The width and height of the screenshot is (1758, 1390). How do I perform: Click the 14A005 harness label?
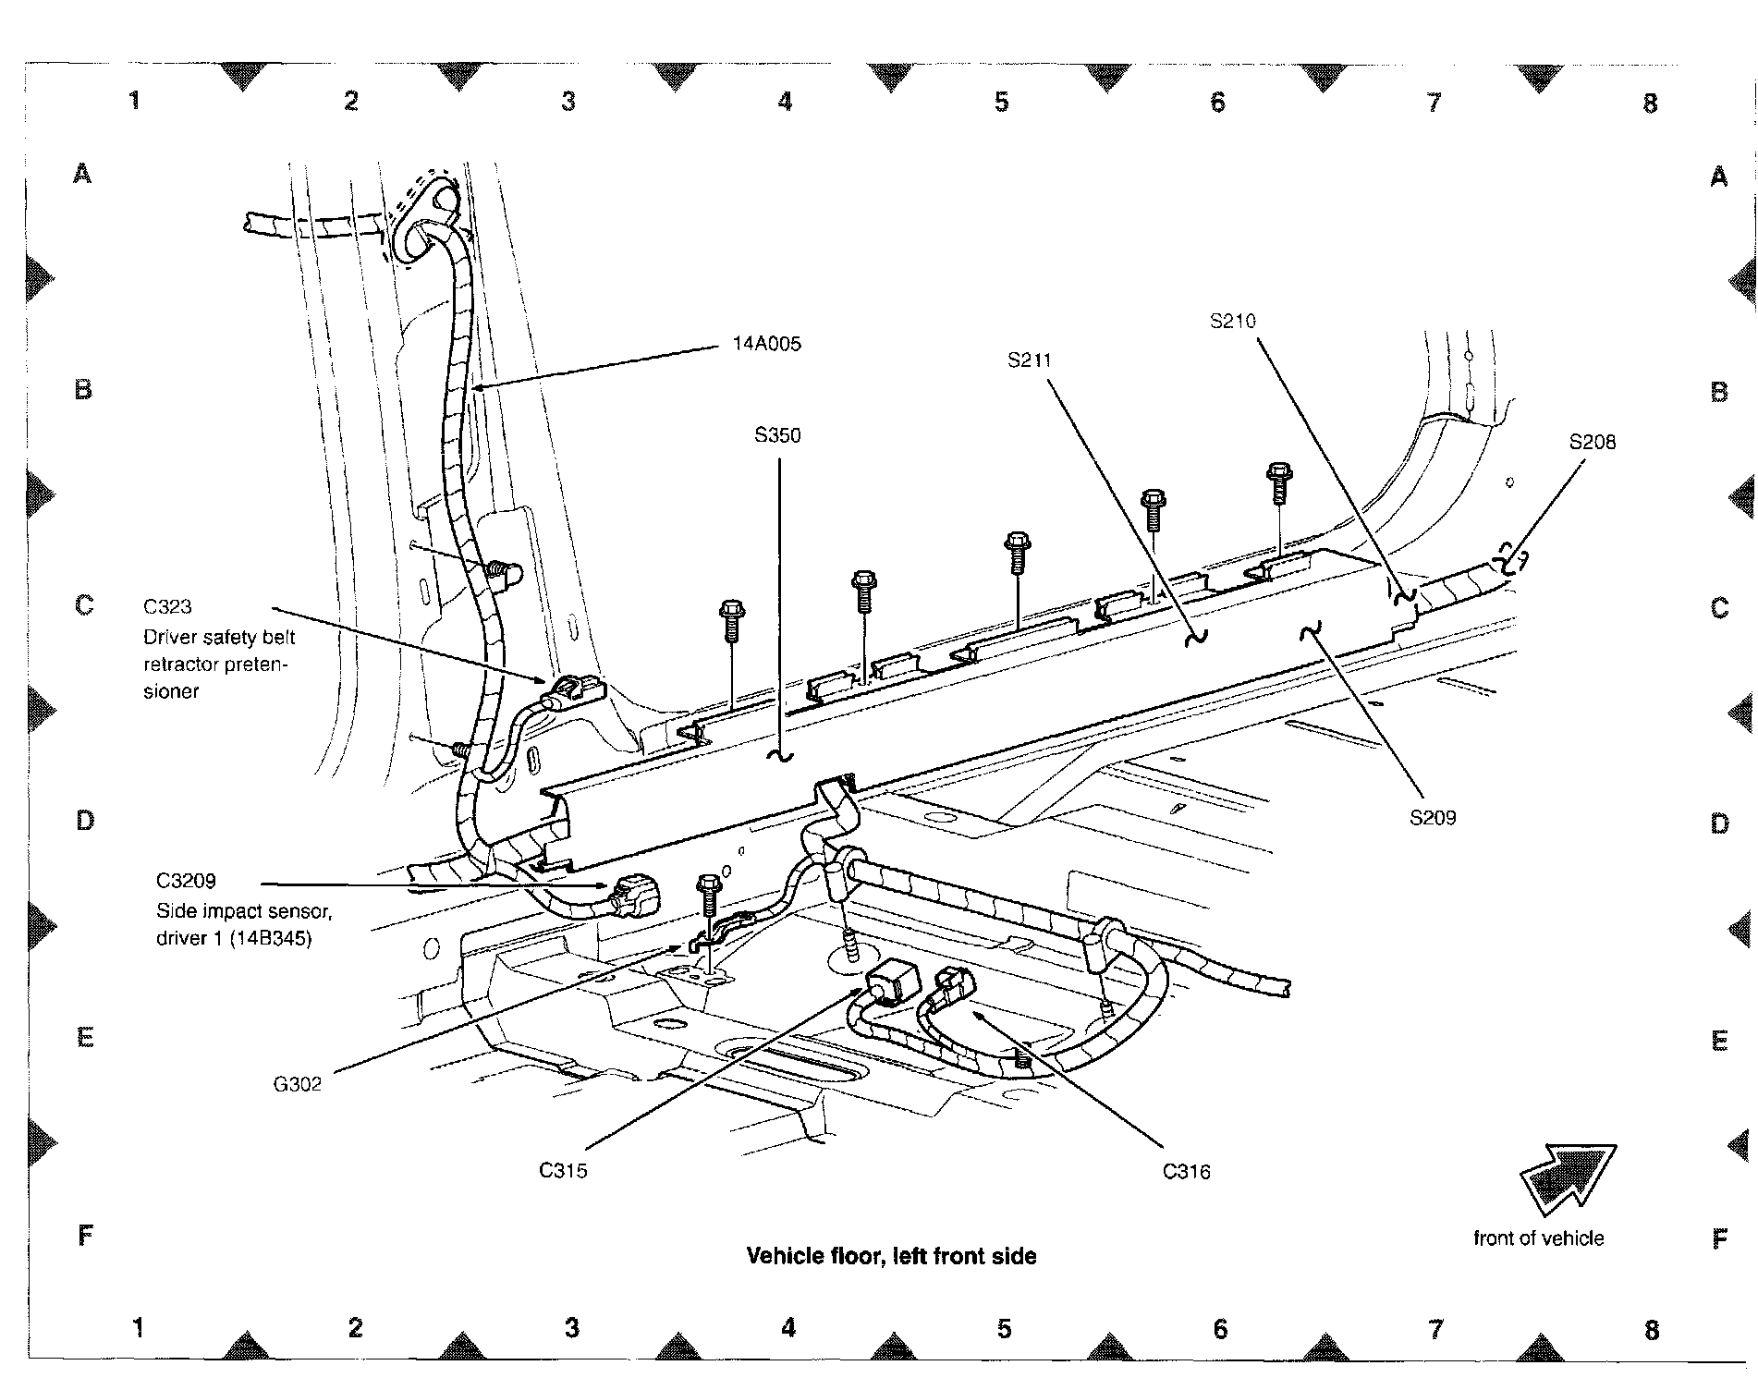click(x=766, y=345)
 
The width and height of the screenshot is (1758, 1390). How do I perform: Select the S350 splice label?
click(x=777, y=435)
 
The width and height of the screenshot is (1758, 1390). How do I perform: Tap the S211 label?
click(x=1030, y=360)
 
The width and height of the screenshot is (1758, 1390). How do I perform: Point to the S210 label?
click(x=1233, y=322)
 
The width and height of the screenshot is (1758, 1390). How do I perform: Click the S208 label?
click(x=1592, y=443)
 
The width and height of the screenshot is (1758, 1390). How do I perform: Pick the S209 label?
click(x=1432, y=817)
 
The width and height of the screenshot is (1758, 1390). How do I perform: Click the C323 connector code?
click(x=167, y=607)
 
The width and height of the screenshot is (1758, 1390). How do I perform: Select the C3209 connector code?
click(x=186, y=881)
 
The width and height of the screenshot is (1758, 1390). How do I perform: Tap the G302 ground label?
click(x=297, y=1084)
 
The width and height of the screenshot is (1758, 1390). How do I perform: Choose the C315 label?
click(x=563, y=1171)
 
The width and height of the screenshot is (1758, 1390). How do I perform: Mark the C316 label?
click(x=1186, y=1172)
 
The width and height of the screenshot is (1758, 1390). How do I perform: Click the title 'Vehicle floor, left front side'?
click(x=891, y=1256)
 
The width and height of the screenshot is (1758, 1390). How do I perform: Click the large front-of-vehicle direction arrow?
click(x=1567, y=1178)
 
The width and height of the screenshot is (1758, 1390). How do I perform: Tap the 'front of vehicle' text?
click(x=1538, y=1238)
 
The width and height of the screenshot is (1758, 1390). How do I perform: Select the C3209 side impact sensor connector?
click(x=638, y=895)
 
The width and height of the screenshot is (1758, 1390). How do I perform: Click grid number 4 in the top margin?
click(x=785, y=102)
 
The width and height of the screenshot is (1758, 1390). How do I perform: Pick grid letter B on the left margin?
click(x=83, y=390)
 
